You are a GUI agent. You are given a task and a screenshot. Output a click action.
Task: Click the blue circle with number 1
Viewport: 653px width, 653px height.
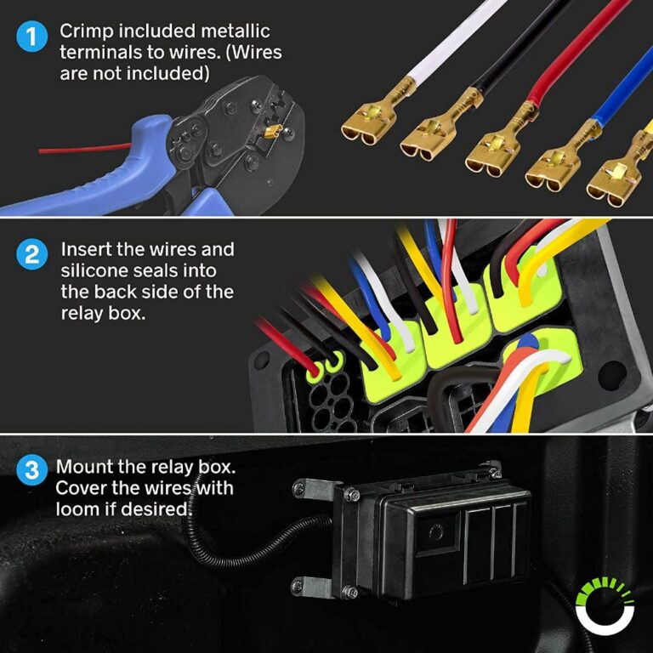[x=32, y=37]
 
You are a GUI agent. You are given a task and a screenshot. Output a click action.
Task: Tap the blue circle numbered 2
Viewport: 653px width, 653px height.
[x=32, y=255]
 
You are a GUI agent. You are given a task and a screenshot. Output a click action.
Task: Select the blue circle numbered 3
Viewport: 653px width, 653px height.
[x=32, y=471]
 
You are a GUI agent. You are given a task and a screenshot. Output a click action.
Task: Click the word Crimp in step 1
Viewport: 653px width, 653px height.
[x=83, y=32]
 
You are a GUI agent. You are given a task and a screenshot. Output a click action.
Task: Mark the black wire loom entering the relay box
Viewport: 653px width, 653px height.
[x=247, y=553]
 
